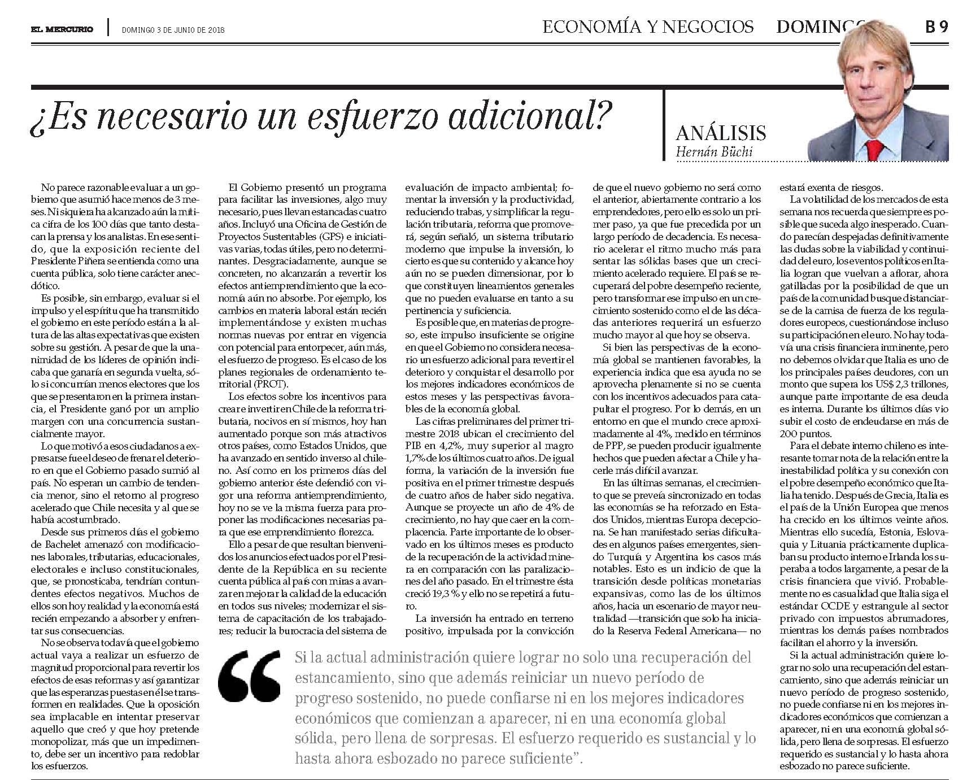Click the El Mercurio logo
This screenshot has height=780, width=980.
point(62,29)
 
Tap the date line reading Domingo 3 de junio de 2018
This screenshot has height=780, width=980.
point(173,30)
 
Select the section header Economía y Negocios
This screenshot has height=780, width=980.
point(648,27)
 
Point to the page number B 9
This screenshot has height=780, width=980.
point(936,27)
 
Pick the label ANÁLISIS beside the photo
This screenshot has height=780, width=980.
point(721,133)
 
